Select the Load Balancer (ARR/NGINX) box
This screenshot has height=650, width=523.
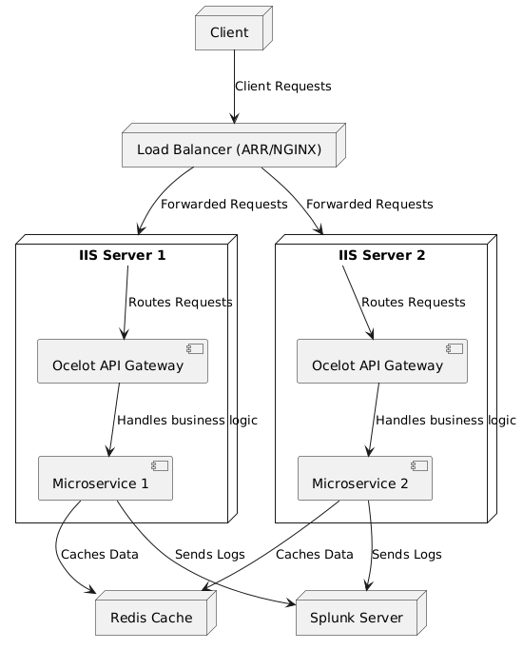(x=234, y=145)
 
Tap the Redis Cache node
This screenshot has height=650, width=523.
(x=156, y=613)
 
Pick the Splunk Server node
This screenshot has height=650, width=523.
(x=361, y=613)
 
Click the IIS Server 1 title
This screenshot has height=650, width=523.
(x=122, y=255)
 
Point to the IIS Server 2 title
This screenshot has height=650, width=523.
(x=382, y=255)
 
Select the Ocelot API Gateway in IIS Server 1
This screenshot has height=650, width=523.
(x=123, y=361)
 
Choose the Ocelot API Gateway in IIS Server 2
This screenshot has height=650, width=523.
(x=382, y=361)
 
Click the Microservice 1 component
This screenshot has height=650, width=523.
(x=106, y=479)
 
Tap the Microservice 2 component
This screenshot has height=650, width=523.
(x=365, y=479)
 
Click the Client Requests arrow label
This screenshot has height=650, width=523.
(x=283, y=87)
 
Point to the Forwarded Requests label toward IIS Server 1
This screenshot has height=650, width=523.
(x=224, y=204)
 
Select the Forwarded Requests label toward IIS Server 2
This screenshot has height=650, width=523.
(x=369, y=204)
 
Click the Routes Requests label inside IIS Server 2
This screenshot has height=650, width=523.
(x=414, y=303)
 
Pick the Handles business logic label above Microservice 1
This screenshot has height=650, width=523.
(x=187, y=421)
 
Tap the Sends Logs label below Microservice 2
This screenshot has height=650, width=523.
(x=407, y=555)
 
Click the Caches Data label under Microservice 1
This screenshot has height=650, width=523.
(x=100, y=555)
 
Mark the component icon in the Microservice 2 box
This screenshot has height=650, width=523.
(x=419, y=465)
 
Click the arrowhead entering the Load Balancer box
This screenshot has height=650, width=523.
(x=234, y=118)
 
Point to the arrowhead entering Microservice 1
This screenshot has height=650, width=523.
(x=109, y=451)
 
